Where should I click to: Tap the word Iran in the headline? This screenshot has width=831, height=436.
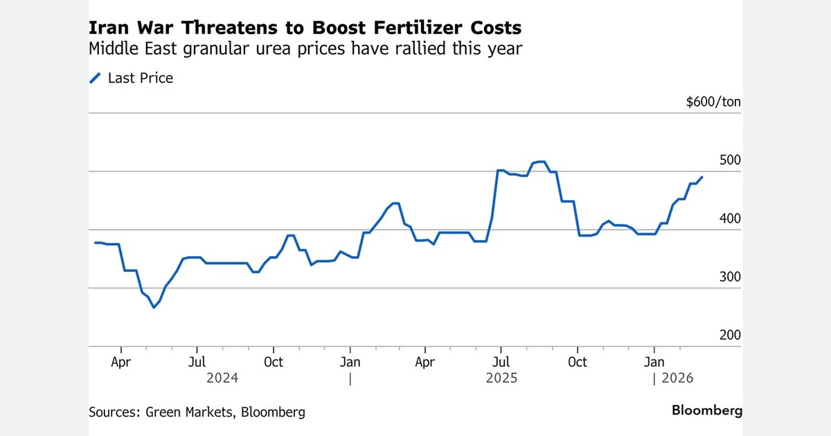click(107, 28)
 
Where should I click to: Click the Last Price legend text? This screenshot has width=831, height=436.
click(141, 78)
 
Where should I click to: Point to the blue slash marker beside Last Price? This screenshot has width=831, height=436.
click(96, 78)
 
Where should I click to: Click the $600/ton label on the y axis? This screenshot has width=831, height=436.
click(713, 102)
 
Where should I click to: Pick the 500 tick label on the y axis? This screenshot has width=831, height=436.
click(730, 160)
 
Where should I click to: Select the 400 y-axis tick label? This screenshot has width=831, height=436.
click(730, 219)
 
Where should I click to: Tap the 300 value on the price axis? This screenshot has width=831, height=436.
click(730, 277)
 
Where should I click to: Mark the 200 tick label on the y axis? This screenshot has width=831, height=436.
click(730, 335)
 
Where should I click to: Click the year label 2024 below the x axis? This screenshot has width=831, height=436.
click(222, 379)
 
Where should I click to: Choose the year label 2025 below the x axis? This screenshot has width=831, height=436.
click(501, 379)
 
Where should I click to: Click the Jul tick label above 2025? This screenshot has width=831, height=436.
click(501, 362)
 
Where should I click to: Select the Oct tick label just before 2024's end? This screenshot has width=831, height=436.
click(274, 362)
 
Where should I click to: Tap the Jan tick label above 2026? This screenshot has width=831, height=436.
click(654, 362)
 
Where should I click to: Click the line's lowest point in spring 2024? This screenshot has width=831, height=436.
click(154, 307)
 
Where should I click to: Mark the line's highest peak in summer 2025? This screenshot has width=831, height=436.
click(539, 162)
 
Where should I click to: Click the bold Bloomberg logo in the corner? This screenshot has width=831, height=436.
click(707, 410)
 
